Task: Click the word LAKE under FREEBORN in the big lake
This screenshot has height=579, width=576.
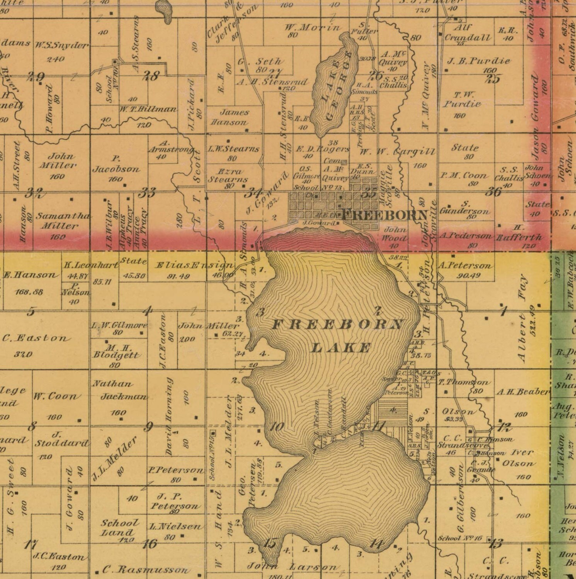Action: [340, 348]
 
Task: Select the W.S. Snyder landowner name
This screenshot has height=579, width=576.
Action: [62, 46]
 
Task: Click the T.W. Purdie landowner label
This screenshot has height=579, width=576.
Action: [462, 99]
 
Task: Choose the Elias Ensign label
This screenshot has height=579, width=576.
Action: [194, 266]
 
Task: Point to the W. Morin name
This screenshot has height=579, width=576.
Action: [312, 27]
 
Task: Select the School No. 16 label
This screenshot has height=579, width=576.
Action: [461, 538]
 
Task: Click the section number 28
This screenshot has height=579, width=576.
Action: [151, 76]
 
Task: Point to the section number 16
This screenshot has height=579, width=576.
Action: [150, 544]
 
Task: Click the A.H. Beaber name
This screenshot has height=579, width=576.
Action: [523, 392]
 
